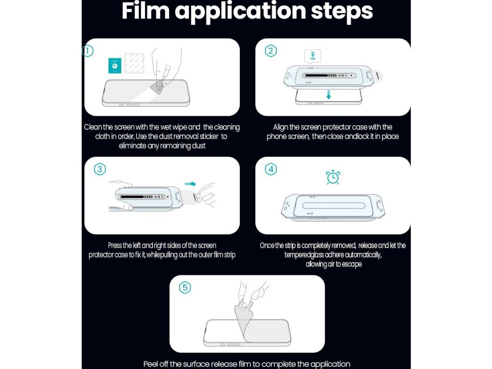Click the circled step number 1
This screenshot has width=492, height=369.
87,51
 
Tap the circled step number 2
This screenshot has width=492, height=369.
271,51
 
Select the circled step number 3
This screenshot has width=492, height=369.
100,170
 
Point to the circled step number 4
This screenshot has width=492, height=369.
271,170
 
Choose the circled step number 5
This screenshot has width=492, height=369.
185,288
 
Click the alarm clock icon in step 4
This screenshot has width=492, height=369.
332,177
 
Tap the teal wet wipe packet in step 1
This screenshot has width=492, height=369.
115,65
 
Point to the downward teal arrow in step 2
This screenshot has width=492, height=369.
329,95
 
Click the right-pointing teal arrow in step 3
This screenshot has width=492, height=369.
190,184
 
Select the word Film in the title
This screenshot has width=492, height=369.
145,11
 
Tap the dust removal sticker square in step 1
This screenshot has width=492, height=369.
135,63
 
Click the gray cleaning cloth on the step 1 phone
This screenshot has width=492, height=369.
158,86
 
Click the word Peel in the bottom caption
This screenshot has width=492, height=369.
150,364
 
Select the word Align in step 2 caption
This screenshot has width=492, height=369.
280,127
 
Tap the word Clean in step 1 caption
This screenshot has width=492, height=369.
93,127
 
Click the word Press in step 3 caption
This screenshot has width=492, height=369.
114,246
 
